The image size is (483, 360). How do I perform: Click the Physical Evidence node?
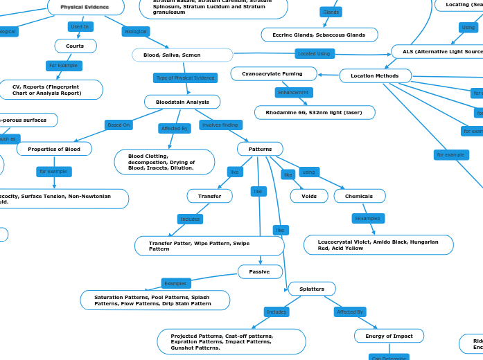[x=85, y=7]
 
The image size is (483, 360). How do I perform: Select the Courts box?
[x=75, y=46]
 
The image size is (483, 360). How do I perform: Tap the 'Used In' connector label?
[x=79, y=27]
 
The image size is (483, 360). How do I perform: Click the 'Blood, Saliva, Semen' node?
[x=182, y=55]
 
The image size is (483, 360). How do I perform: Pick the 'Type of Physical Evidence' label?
[x=185, y=78]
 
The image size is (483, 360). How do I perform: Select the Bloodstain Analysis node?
[x=182, y=102]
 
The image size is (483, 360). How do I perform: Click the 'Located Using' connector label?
[x=313, y=53]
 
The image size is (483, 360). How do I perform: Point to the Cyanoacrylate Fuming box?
[x=272, y=73]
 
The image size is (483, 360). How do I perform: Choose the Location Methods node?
[x=375, y=75]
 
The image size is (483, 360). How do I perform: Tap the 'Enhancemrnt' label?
[x=294, y=92]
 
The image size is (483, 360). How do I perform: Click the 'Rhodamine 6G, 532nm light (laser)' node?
[x=315, y=112]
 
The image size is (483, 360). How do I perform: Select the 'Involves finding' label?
[x=220, y=125]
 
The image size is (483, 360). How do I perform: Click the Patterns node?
[x=260, y=149]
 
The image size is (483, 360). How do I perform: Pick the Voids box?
[x=309, y=196]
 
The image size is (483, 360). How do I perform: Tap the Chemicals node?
[x=359, y=196]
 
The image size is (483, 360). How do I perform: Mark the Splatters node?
[x=310, y=288]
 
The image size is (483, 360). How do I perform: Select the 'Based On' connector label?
[x=118, y=125]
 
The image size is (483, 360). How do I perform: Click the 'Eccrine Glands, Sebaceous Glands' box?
[x=319, y=35]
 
